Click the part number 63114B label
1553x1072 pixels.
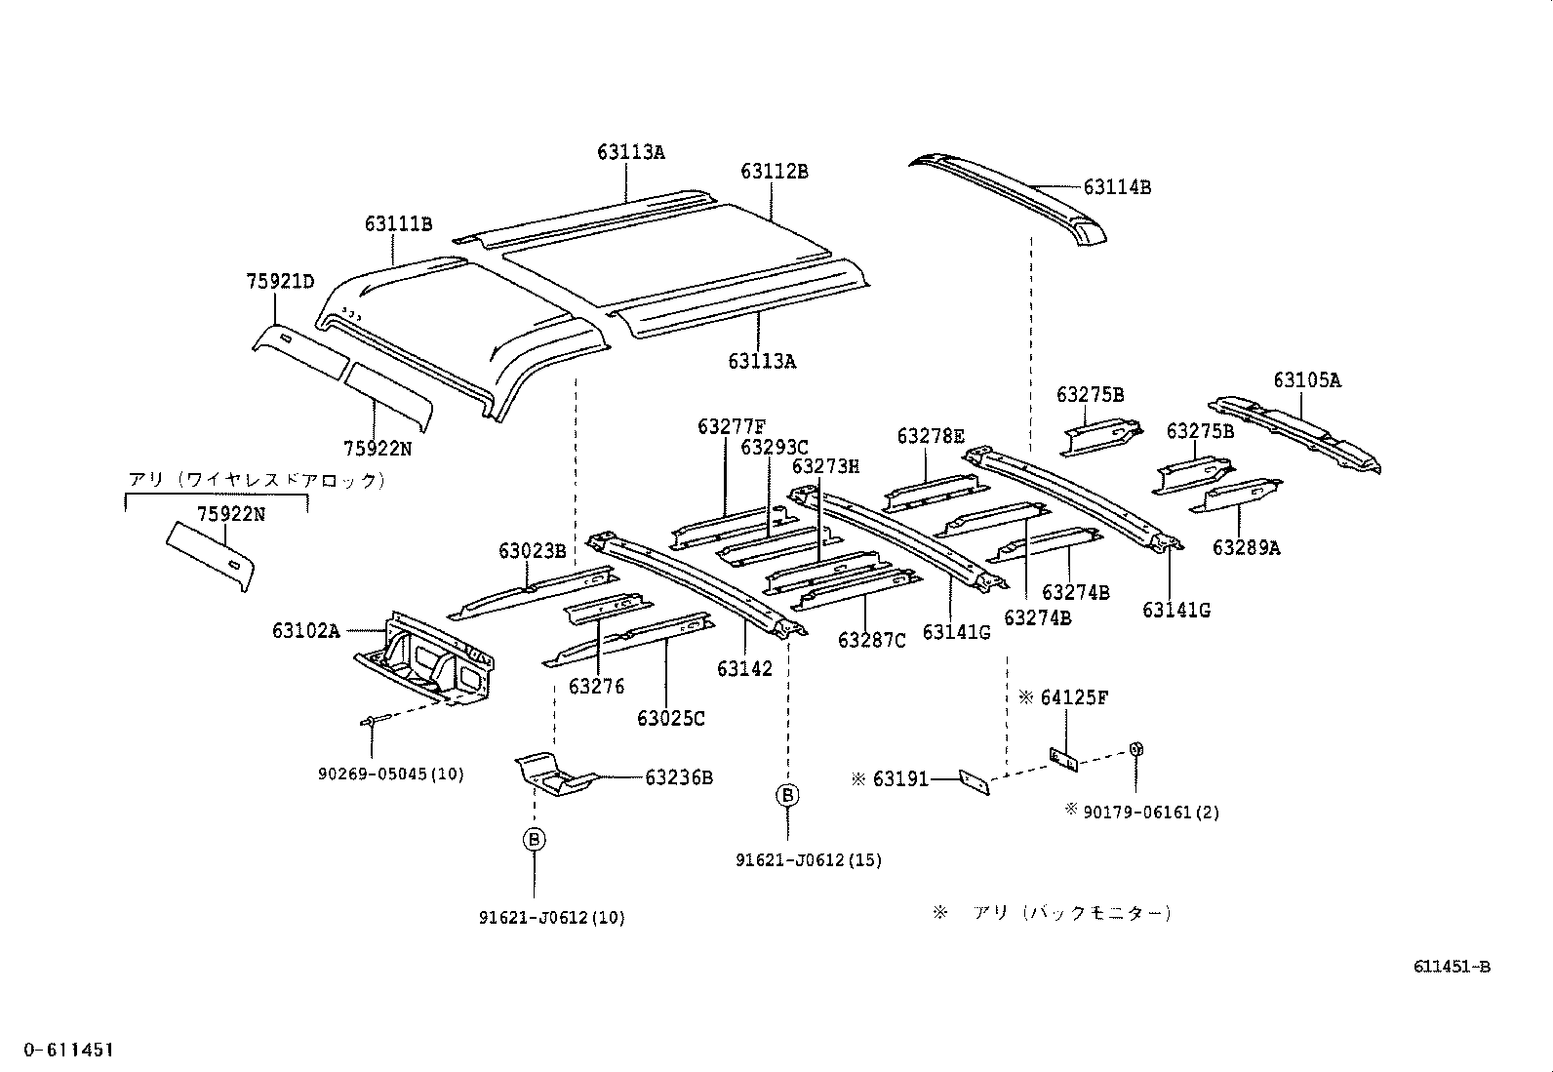click(x=1117, y=187)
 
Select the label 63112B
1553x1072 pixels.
click(x=774, y=171)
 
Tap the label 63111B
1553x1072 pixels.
click(x=398, y=223)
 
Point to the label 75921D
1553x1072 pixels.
click(x=280, y=282)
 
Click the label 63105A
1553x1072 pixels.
click(x=1306, y=380)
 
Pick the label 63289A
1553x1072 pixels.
click(x=1246, y=548)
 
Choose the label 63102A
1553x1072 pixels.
click(x=305, y=631)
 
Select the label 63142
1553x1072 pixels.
click(x=744, y=668)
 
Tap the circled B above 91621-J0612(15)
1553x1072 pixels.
click(x=787, y=795)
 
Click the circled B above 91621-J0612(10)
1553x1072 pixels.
click(x=535, y=839)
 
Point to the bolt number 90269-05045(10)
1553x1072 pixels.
click(x=390, y=774)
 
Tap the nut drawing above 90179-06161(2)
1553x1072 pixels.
click(x=1136, y=748)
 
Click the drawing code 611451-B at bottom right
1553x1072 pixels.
click(x=1452, y=967)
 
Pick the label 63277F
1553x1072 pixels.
click(x=731, y=426)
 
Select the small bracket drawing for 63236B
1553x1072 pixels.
click(x=553, y=774)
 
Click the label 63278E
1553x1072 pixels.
click(x=931, y=435)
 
